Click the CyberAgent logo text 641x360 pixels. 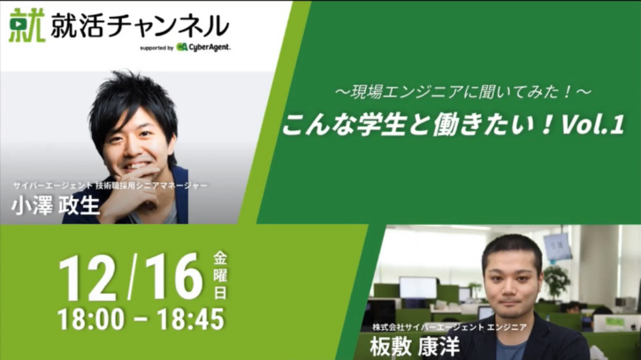click(204, 48)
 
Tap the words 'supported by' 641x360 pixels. click(156, 48)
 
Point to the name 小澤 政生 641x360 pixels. click(56, 205)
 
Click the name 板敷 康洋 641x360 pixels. click(415, 347)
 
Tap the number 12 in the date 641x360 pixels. click(88, 278)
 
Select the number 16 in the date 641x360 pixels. click(174, 277)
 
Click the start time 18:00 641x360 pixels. click(91, 319)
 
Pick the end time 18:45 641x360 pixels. click(191, 319)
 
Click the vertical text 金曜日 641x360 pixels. click(220, 276)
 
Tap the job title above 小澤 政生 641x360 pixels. click(110, 186)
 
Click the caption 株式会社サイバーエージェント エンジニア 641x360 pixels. click(449, 327)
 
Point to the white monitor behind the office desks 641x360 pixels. click(418, 287)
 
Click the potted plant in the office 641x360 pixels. click(556, 281)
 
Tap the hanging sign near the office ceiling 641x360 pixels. click(558, 248)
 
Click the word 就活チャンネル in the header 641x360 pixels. click(140, 27)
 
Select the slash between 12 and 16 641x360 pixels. click(131, 278)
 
